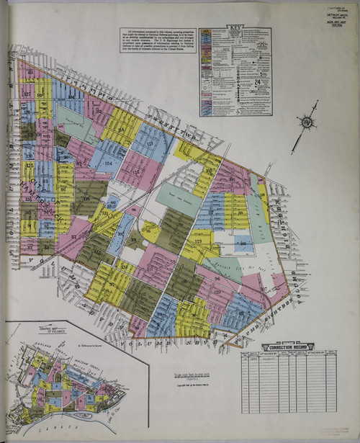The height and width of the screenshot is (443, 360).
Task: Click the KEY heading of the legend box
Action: [235, 30]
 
